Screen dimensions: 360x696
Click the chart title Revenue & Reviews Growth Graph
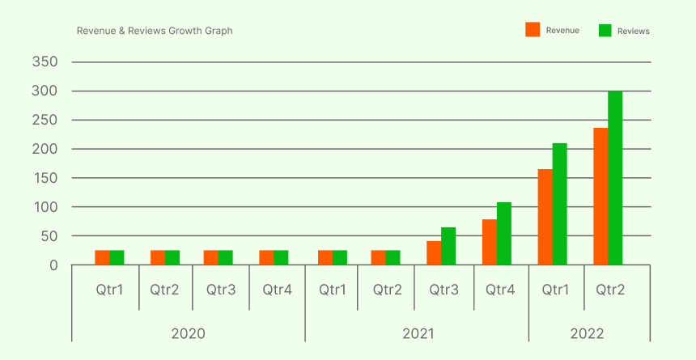point(155,31)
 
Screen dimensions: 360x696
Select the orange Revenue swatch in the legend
point(533,30)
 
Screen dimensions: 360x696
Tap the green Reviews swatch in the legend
point(605,30)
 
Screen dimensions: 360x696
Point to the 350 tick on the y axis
point(45,62)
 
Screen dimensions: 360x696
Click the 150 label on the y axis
point(45,178)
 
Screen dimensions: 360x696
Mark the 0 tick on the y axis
point(53,265)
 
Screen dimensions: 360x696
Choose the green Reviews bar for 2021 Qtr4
point(503,234)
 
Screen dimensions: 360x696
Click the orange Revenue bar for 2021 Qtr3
point(434,253)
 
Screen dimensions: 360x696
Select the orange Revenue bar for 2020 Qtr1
point(102,258)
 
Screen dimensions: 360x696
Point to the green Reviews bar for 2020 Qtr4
point(281,258)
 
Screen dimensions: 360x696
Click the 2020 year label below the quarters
point(188,333)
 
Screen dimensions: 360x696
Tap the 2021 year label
point(417,333)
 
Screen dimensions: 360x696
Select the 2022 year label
point(587,333)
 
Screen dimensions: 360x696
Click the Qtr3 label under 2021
point(444,290)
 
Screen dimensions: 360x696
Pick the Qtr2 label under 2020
point(165,290)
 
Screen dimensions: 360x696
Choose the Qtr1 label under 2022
point(556,290)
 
